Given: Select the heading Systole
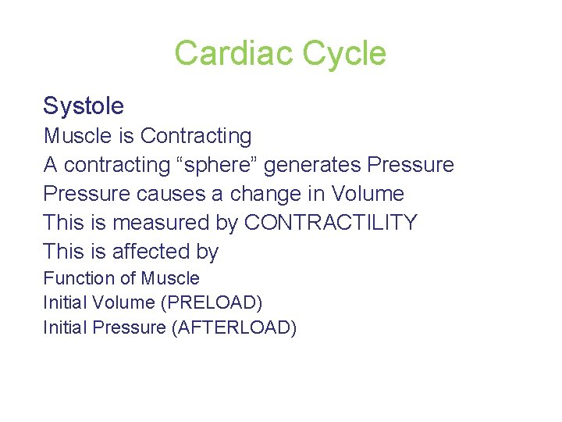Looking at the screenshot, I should tap(84, 105).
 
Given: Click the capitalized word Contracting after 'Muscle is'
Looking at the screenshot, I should tap(196, 136).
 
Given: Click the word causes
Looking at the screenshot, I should tap(151, 194).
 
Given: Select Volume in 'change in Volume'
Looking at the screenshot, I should tap(368, 194).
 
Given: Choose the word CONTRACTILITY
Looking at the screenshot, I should tap(331, 223).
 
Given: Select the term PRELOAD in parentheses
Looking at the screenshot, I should tap(219, 302).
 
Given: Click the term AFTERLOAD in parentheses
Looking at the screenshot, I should tap(233, 327).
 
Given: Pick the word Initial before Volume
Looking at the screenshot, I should tap(66, 302).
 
